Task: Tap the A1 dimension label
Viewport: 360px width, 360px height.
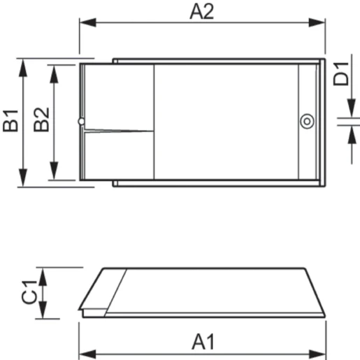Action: point(203,343)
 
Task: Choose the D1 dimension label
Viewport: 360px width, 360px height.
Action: point(340,74)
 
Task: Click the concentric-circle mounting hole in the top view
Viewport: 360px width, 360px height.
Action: point(306,122)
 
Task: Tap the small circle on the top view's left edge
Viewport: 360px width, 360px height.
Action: point(82,122)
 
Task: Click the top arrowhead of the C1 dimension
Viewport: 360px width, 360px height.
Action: point(43,273)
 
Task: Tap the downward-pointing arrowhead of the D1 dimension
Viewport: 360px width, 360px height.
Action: point(350,115)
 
